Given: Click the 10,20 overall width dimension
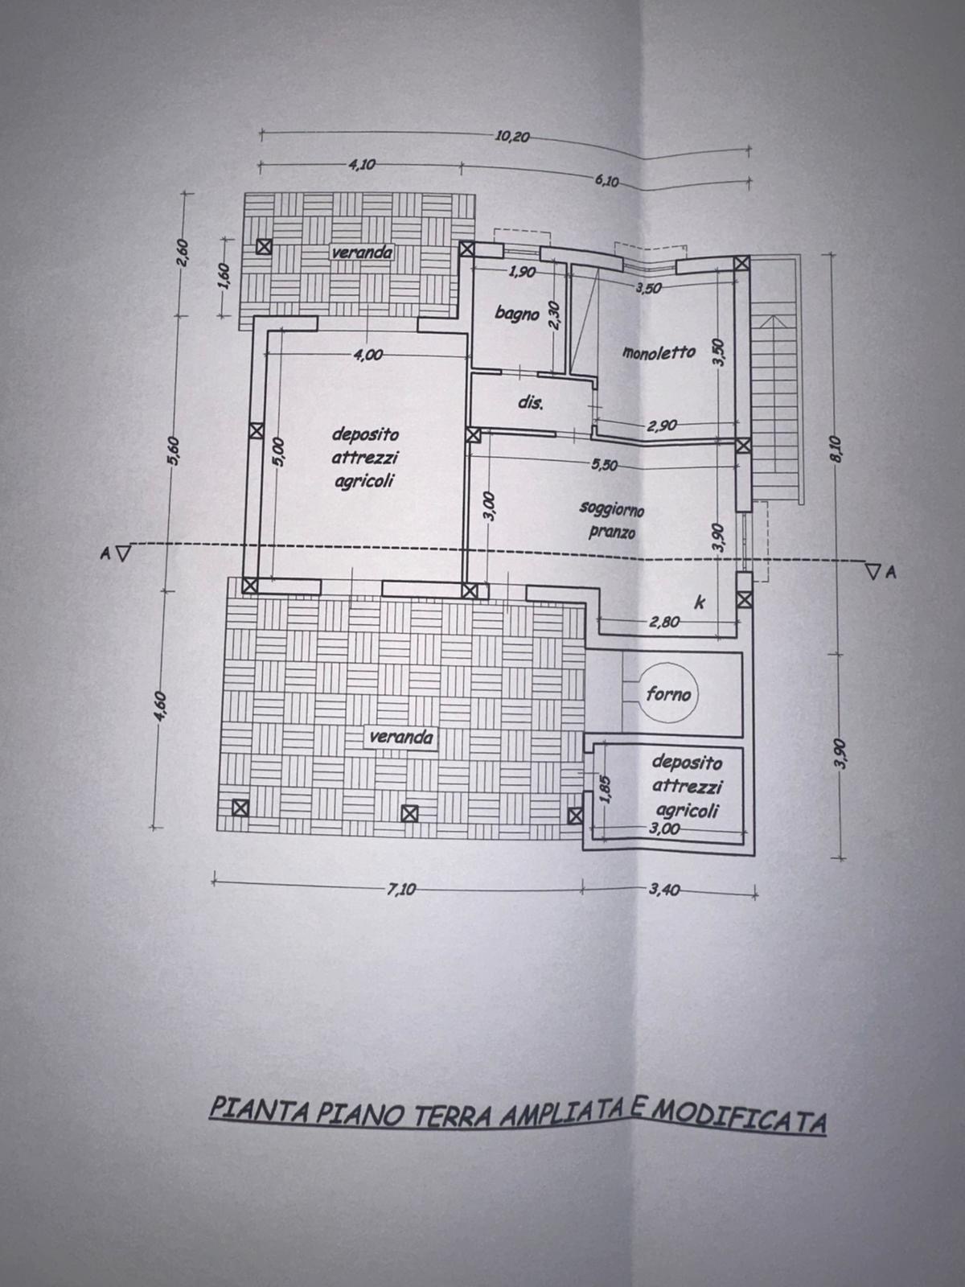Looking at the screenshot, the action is pos(513,137).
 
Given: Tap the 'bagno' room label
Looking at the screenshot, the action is pos(517,314).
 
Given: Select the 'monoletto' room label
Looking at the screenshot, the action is pos(659,352).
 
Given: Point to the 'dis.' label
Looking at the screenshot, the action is pos(531,403).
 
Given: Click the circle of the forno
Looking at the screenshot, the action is pos(668,694).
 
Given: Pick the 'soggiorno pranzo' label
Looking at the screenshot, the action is pos(612,520).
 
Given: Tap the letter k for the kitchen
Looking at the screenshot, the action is pos(699,602).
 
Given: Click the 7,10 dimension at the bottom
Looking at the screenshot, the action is pos(400,889).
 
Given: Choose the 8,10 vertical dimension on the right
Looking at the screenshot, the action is pos(836,449).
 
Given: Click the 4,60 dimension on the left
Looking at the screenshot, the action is pos(162,708).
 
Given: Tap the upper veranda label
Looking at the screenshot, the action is pos(362,253).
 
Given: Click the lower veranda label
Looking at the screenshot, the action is pos(401,737).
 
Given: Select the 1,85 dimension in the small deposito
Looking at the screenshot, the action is pos(606,790).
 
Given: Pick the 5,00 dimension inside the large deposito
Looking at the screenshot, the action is pos(279,452).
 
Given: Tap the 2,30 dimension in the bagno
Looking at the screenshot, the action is pos(556,316).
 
